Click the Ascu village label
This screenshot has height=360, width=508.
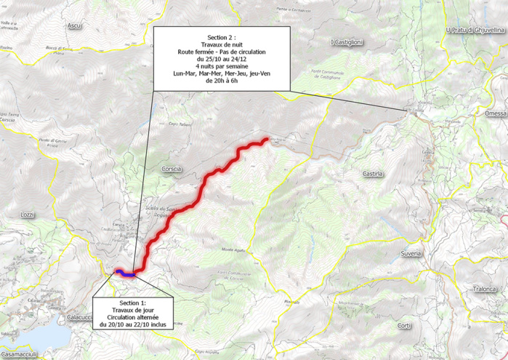[x=74, y=26]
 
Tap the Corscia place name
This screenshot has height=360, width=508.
[x=172, y=169]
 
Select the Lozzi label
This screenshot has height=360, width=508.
[x=28, y=215]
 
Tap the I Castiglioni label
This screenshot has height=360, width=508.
[x=346, y=43]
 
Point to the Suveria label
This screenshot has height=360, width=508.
[x=411, y=254]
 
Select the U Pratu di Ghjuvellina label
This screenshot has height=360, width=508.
[x=475, y=31]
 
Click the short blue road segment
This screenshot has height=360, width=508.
[x=124, y=274]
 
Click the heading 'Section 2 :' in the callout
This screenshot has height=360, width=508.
[x=222, y=36]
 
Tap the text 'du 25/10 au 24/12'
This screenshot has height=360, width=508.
[x=222, y=60]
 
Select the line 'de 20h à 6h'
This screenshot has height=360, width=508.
[x=222, y=82]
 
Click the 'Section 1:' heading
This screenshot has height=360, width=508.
[x=132, y=302]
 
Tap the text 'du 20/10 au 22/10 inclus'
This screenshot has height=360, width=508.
[x=132, y=325]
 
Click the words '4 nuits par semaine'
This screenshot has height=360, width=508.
[x=222, y=67]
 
